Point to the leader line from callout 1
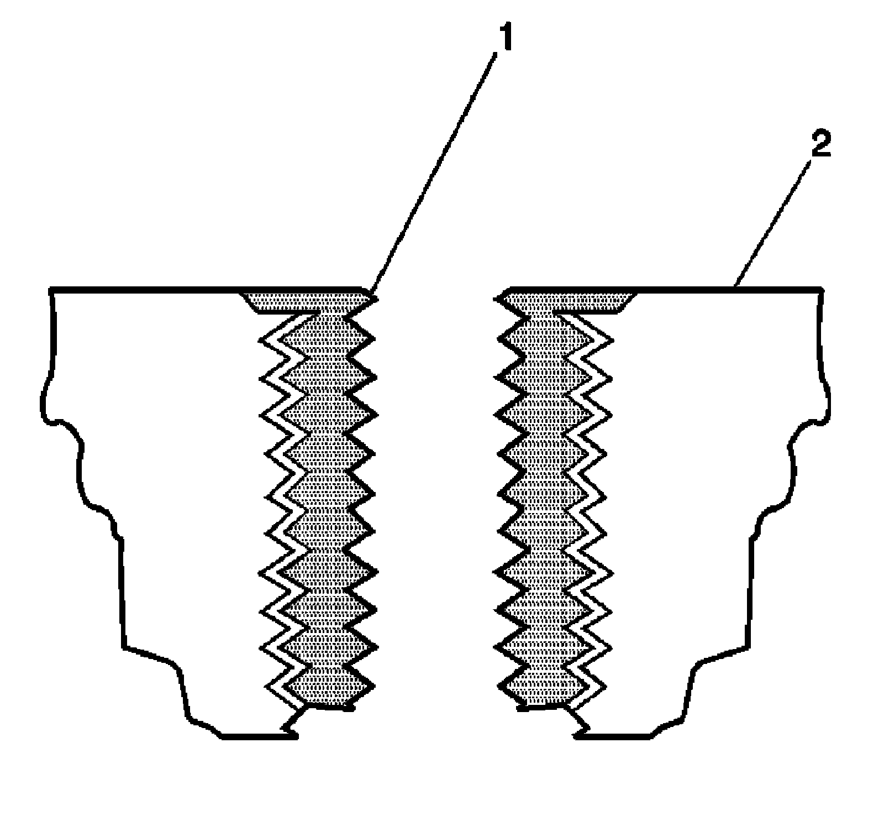tap(436, 166)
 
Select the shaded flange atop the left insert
tap(307, 300)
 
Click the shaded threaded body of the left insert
tap(326, 498)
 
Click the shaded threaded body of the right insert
tap(544, 498)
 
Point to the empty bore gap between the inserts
tap(436, 498)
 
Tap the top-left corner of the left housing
tap(51, 288)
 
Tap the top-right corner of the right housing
tap(821, 288)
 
